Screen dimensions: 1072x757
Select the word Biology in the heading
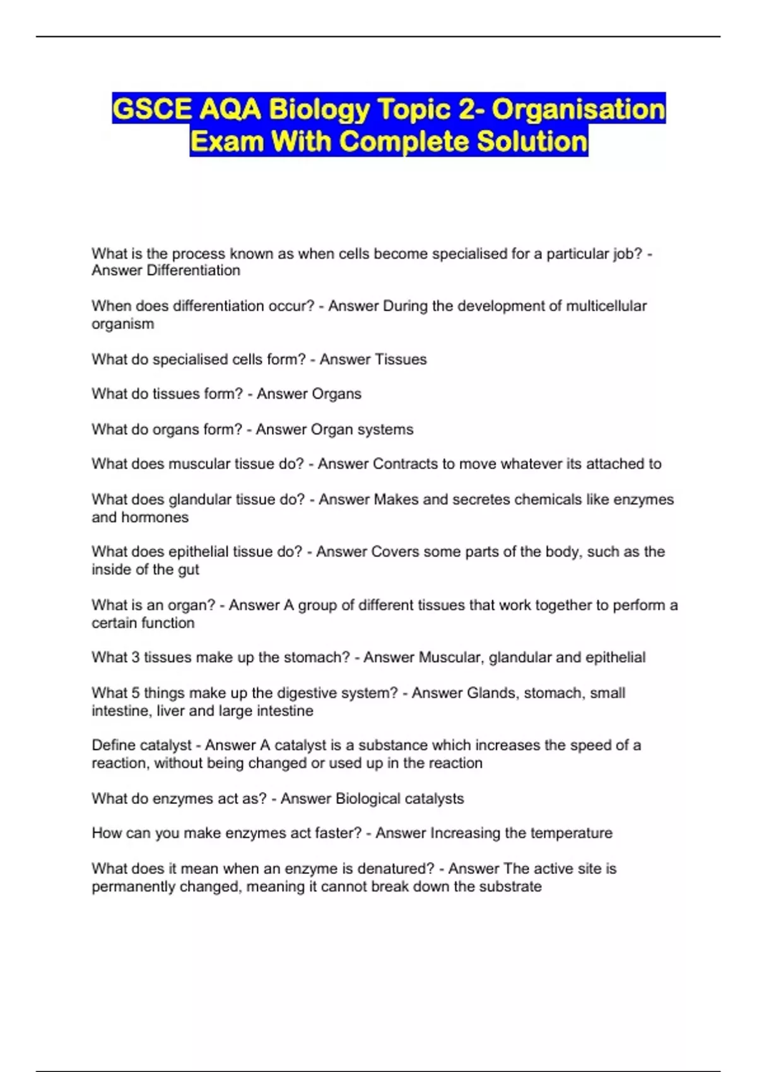319,109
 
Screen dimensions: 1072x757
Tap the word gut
189,569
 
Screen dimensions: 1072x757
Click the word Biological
368,798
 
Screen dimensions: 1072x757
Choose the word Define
112,745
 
